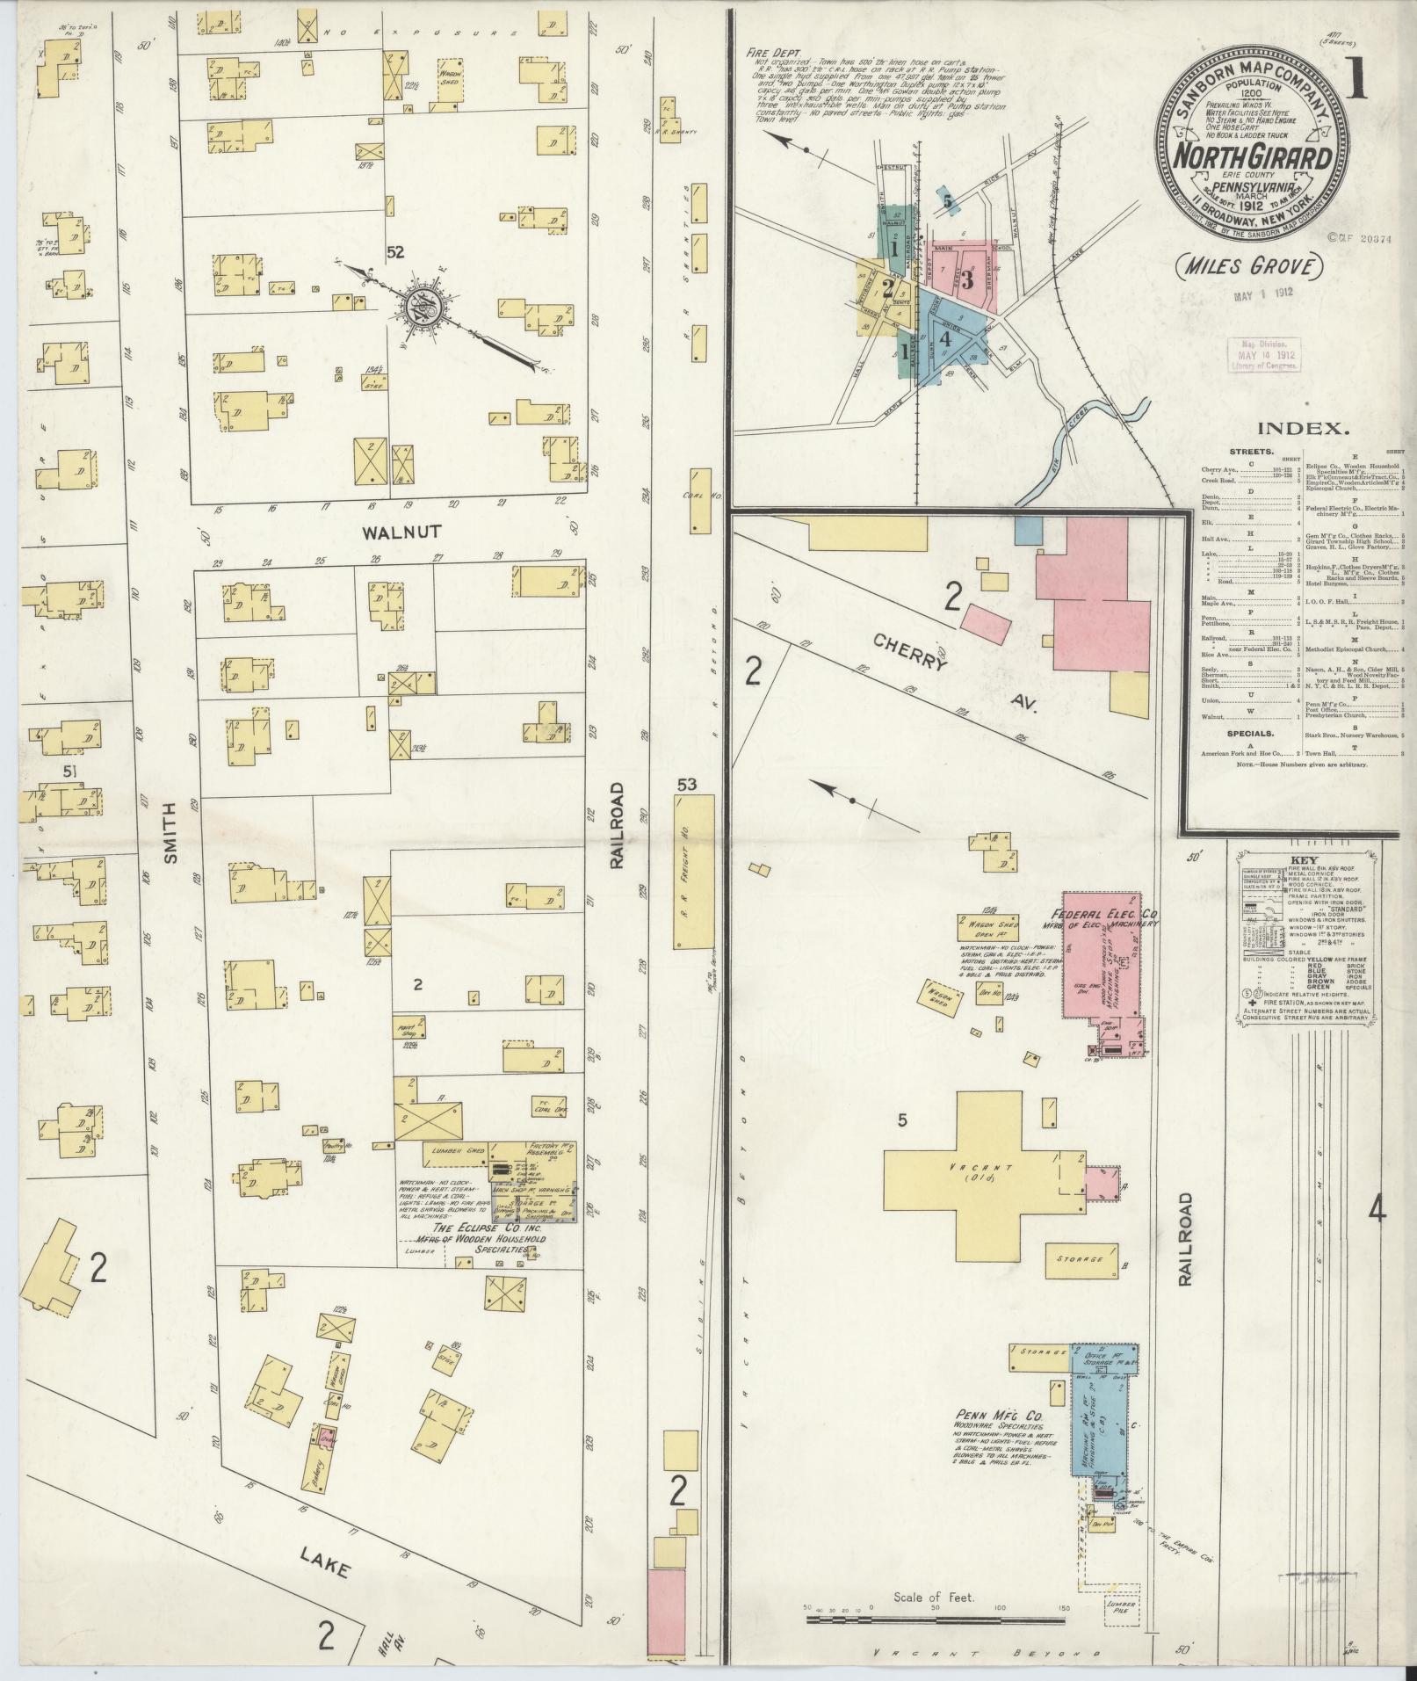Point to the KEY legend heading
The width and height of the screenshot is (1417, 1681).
tap(1302, 861)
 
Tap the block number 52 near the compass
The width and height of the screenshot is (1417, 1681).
tap(394, 252)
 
